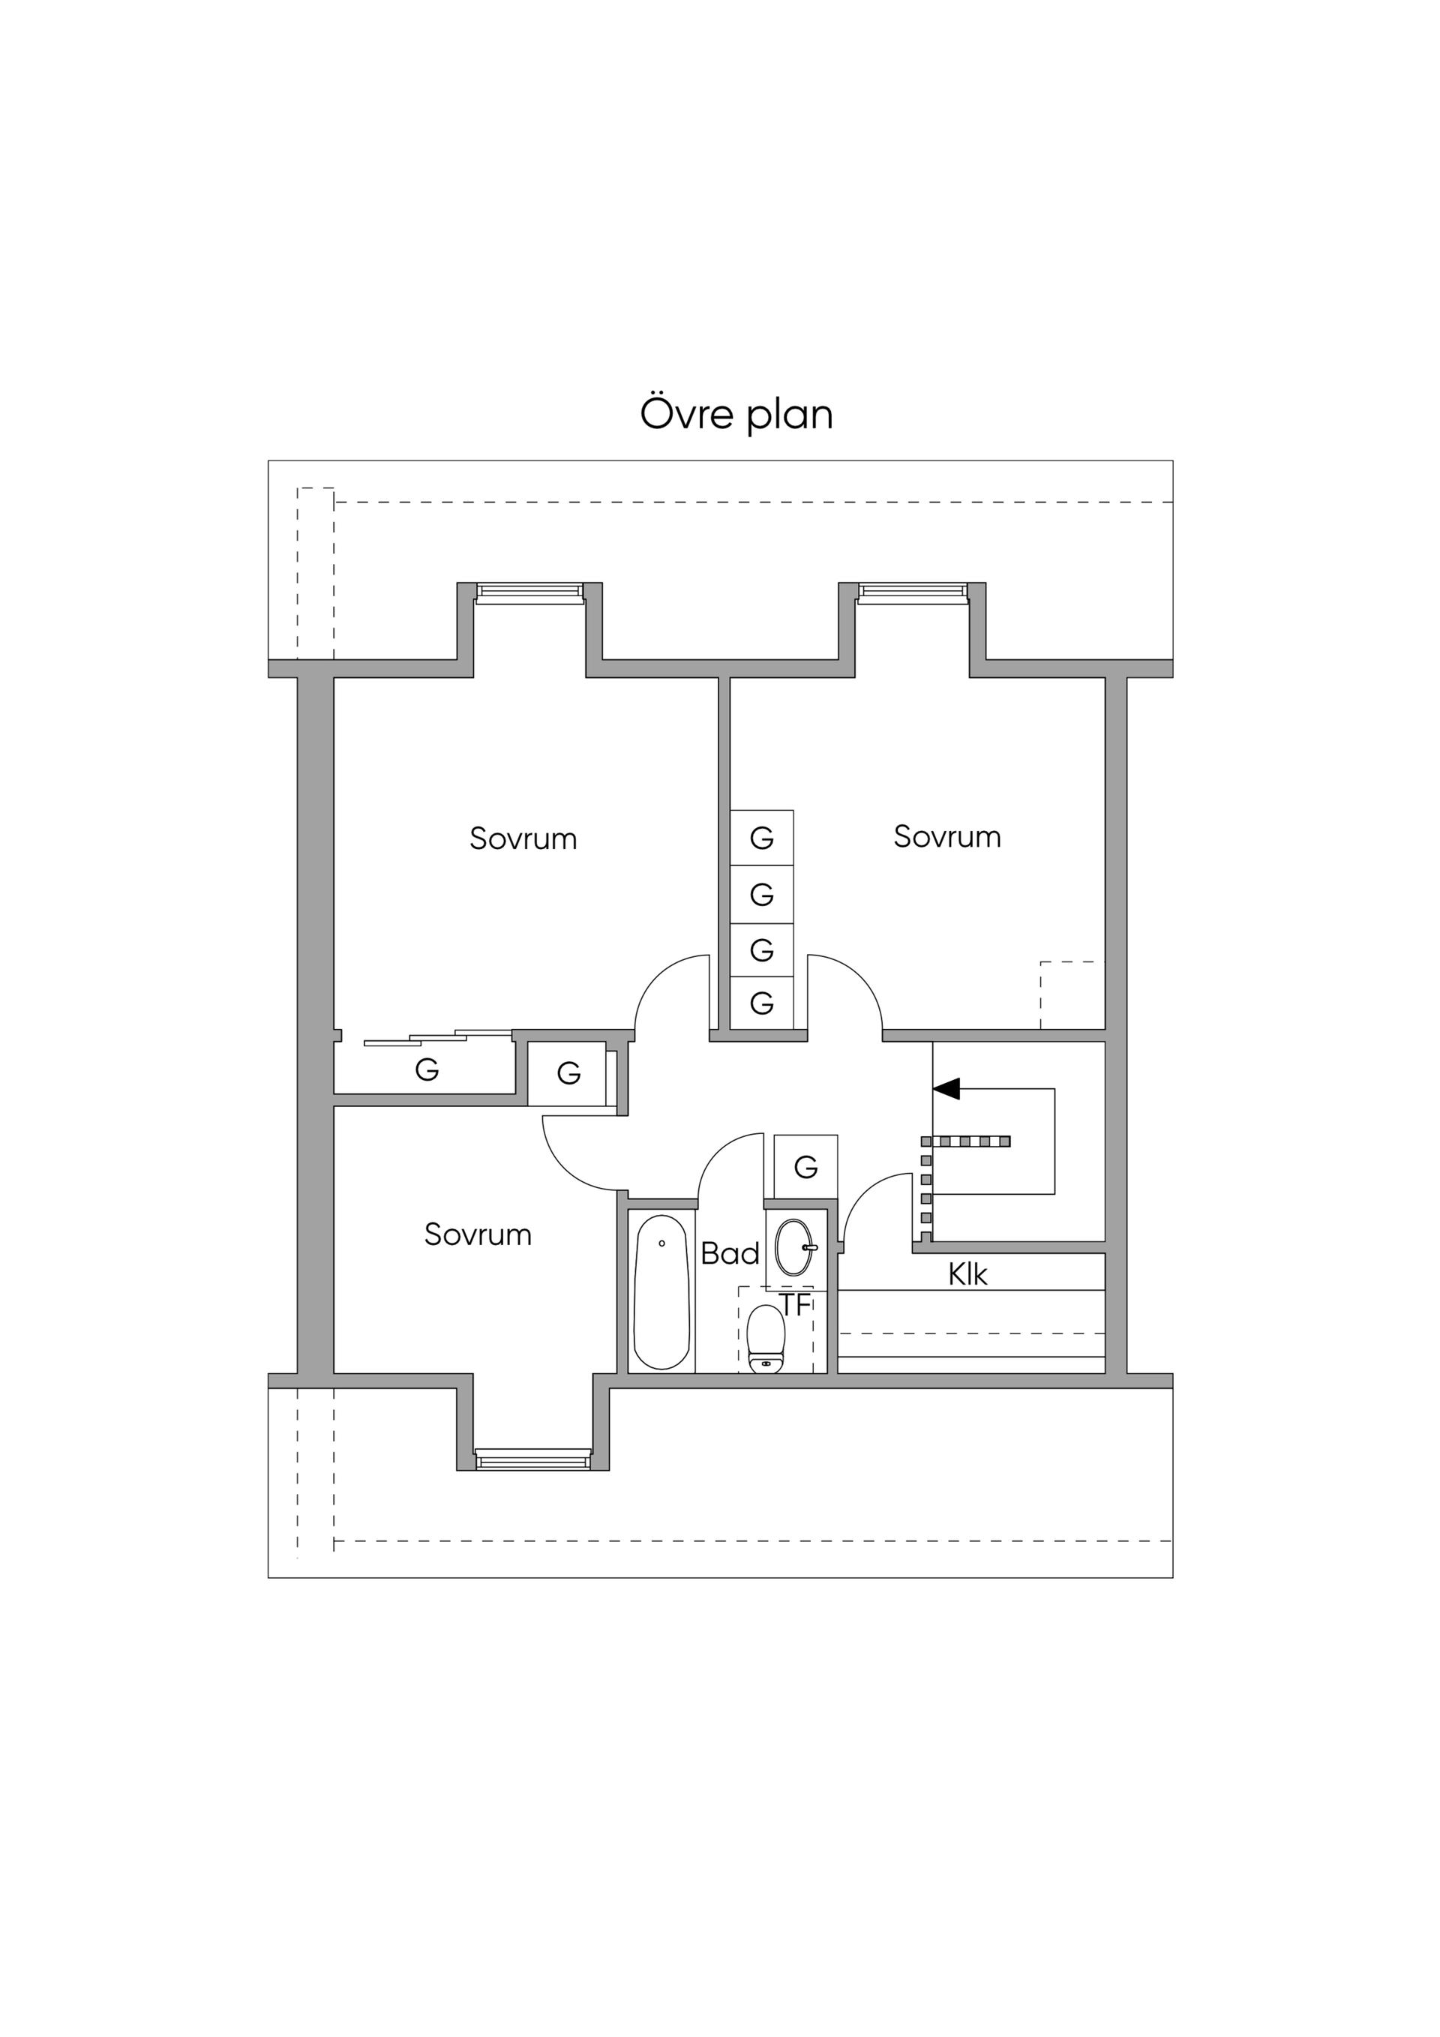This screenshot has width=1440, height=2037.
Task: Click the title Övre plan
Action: tap(736, 414)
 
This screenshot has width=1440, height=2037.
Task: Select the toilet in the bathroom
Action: tap(766, 1339)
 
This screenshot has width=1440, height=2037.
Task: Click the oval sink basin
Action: tap(795, 1246)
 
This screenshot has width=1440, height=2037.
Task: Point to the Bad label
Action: tap(730, 1253)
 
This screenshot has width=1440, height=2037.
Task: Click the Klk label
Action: tap(967, 1275)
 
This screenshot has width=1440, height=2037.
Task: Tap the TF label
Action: tap(796, 1305)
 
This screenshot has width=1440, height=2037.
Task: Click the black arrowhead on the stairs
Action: tap(946, 1087)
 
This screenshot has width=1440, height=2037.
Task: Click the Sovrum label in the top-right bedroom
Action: tap(946, 837)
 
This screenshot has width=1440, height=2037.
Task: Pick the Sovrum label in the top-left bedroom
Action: tap(523, 838)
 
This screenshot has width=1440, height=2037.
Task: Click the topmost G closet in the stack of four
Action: tap(761, 838)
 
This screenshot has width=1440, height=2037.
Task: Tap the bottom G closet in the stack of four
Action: tap(761, 1003)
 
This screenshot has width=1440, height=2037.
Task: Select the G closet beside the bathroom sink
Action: tap(805, 1167)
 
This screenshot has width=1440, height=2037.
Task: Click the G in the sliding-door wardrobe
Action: tap(427, 1070)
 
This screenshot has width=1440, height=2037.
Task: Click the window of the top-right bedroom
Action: tap(911, 592)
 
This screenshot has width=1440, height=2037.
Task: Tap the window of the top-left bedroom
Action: tap(529, 592)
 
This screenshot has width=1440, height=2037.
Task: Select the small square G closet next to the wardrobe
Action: tap(568, 1073)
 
